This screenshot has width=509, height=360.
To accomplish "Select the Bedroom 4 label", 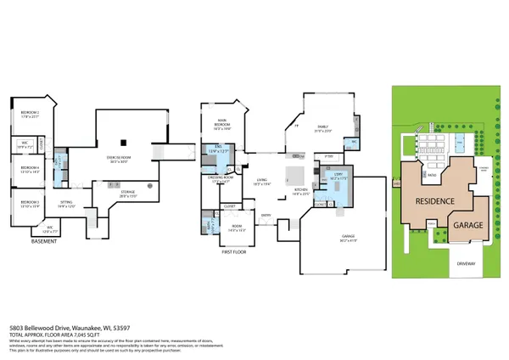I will pyautogui.click(x=31, y=169).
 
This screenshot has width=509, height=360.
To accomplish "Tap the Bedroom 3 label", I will pyautogui.click(x=31, y=204).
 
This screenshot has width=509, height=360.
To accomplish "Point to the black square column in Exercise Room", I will pyautogui.click(x=124, y=141).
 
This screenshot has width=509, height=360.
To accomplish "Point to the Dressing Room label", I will pyautogui.click(x=221, y=180).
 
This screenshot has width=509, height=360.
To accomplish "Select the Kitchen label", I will pyautogui.click(x=301, y=194).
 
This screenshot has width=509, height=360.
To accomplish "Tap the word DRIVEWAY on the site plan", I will pyautogui.click(x=468, y=263).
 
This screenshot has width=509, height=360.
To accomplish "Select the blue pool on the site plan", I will pyautogui.click(x=461, y=139).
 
